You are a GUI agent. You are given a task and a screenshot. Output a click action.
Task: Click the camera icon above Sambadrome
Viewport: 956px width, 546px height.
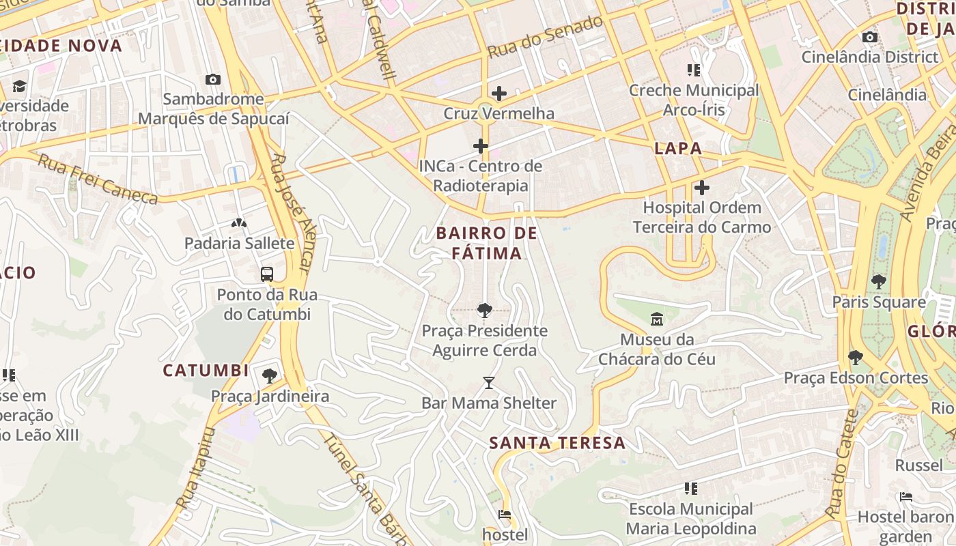[x=212, y=79]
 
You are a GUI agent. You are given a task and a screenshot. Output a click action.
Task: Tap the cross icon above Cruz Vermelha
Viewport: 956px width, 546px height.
[x=499, y=93]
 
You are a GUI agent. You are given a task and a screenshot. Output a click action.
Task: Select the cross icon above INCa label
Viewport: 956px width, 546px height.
[x=481, y=145]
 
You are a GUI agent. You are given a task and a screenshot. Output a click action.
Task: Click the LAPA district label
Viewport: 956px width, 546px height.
[x=678, y=148]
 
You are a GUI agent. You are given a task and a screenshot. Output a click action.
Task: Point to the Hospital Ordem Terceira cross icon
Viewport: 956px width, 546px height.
[x=701, y=187]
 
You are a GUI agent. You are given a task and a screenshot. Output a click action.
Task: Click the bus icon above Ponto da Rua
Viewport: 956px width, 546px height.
[x=267, y=274]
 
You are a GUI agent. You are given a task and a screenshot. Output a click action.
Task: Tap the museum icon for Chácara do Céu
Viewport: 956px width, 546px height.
[x=657, y=319]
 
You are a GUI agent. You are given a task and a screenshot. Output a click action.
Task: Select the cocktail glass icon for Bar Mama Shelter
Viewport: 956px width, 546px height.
[x=488, y=382]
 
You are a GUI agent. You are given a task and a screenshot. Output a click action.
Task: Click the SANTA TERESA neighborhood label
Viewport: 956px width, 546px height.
[x=557, y=442]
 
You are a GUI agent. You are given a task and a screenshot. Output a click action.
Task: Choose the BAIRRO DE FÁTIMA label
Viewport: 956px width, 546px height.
[x=487, y=243]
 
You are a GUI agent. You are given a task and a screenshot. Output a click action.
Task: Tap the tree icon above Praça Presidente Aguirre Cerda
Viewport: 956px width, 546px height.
[x=484, y=311]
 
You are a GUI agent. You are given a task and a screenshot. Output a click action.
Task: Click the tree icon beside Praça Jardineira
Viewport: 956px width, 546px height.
[x=270, y=375]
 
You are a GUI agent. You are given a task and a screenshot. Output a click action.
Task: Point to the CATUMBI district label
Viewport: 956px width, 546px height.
[x=206, y=371]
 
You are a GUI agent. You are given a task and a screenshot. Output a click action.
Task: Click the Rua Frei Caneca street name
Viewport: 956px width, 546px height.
[x=97, y=179]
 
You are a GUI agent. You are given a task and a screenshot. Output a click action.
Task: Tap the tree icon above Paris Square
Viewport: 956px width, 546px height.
[x=878, y=281]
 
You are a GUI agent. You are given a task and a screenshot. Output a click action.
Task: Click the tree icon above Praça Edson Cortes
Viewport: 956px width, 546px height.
[x=855, y=357]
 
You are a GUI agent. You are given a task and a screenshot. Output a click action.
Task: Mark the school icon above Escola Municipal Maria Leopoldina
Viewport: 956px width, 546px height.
[x=691, y=488]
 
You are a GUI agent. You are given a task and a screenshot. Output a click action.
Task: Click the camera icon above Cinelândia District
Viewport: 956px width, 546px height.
[x=869, y=37]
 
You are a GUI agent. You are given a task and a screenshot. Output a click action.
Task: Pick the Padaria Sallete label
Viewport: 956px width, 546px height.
[x=239, y=243]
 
